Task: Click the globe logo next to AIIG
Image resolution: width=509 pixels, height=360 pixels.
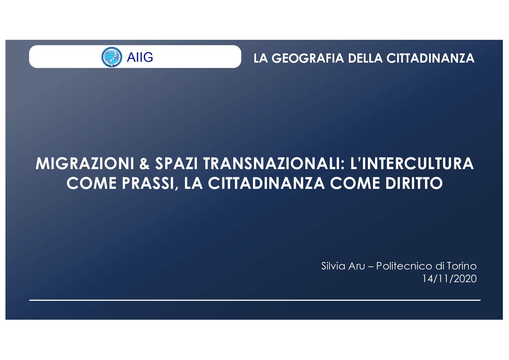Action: [x=111, y=57]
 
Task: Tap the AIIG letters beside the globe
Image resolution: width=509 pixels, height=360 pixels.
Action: [x=140, y=57]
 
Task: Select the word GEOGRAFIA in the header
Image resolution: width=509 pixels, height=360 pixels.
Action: [x=308, y=58]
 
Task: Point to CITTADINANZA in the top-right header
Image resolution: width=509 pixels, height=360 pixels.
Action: [x=430, y=58]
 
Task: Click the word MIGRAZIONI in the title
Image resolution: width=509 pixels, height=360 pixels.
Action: [x=85, y=164]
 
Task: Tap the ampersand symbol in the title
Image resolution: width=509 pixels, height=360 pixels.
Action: [x=145, y=164]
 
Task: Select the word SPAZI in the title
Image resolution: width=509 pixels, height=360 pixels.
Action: [x=176, y=164]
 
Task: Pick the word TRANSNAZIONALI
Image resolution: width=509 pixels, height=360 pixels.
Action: [x=274, y=164]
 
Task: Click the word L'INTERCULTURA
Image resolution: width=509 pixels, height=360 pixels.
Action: [x=412, y=164]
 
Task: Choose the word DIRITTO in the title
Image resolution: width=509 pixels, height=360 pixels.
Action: [x=414, y=183]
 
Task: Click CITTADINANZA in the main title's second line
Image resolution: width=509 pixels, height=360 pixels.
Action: [x=266, y=183]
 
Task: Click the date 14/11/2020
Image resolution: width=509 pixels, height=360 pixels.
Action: [x=449, y=279]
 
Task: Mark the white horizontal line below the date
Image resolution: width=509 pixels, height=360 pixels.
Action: [x=255, y=300]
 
